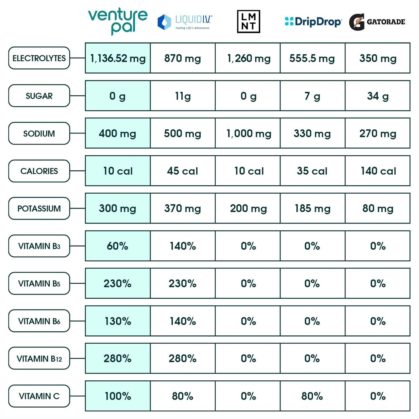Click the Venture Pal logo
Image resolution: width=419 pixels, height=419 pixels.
point(118,21)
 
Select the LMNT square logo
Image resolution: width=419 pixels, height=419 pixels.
point(248,22)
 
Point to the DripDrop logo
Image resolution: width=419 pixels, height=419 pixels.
point(313,22)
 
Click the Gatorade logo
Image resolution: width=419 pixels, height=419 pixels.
point(377,22)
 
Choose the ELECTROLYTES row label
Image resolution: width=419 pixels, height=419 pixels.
point(39,58)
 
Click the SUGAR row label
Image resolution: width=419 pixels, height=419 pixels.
point(39,96)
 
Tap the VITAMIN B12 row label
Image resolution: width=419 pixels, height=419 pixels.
point(39,358)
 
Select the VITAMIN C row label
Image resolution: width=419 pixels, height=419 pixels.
point(39,396)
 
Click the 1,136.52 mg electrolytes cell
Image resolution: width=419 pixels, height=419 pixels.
point(118,58)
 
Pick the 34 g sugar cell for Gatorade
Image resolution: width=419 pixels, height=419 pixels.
point(378,96)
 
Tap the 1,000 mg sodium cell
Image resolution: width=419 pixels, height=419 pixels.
point(248,133)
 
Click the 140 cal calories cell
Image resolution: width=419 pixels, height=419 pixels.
point(378,171)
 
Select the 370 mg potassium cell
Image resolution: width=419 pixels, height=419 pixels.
point(183,208)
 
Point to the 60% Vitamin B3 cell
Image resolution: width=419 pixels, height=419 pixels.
point(118,246)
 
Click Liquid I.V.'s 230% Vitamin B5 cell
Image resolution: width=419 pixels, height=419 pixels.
point(183,284)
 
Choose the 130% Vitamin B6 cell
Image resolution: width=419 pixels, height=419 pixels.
point(118,321)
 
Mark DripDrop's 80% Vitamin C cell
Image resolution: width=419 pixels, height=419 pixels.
point(312,396)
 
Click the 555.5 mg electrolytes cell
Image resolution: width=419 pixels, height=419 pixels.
point(312,58)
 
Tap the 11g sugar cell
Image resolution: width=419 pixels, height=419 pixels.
point(183,96)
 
